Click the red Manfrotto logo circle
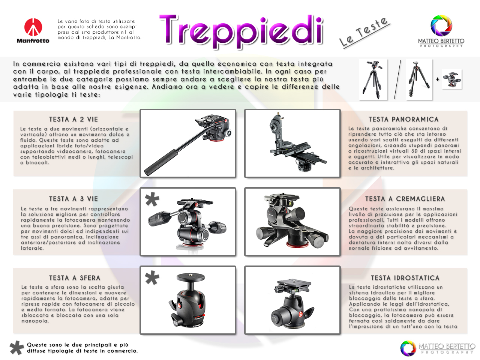pos(33,27)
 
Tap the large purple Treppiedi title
pos(241,31)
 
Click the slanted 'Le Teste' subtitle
pos(364,32)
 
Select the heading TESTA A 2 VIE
pos(73,119)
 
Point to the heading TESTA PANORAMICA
pos(403,119)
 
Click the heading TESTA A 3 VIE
pos(73,199)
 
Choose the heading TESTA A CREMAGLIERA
pos(405,199)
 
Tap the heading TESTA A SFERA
pos(75,278)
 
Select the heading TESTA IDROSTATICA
pos(405,278)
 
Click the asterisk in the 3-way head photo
pos(152,199)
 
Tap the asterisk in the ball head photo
pos(152,277)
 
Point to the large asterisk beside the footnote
pos(16,348)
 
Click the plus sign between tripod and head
pos(437,79)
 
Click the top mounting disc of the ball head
pos(191,277)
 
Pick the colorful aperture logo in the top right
pos(441,25)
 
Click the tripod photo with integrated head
pos(373,79)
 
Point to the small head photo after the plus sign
pos(452,79)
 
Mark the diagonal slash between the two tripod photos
pos(397,79)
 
